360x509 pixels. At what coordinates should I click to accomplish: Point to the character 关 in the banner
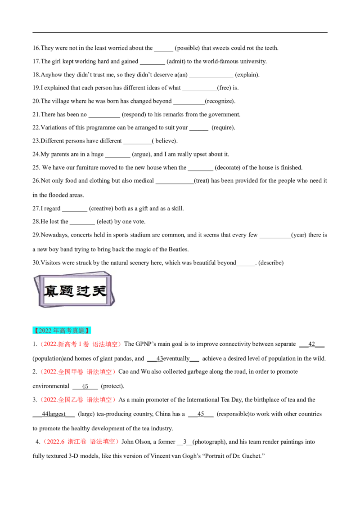(x=99, y=291)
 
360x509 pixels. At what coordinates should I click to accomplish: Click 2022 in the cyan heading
(x=45, y=330)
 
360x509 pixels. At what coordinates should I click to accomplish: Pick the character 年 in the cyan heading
(x=57, y=330)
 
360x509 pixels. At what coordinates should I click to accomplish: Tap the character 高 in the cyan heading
(x=63, y=330)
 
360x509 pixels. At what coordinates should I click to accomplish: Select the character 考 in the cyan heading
(x=69, y=330)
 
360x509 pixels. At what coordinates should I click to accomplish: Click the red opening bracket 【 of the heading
(x=36, y=330)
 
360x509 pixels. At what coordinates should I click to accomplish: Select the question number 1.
(x=35, y=344)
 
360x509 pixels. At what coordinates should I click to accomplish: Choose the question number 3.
(x=35, y=399)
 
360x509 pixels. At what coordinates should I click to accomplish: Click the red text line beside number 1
(x=81, y=344)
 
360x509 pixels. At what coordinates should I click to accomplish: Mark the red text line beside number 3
(x=78, y=399)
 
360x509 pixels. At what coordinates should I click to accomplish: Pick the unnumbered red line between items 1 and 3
(x=78, y=372)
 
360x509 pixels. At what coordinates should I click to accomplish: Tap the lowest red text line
(x=81, y=442)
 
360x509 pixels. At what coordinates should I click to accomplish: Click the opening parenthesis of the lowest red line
(x=45, y=442)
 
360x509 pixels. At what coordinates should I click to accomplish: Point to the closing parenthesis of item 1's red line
(x=120, y=344)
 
